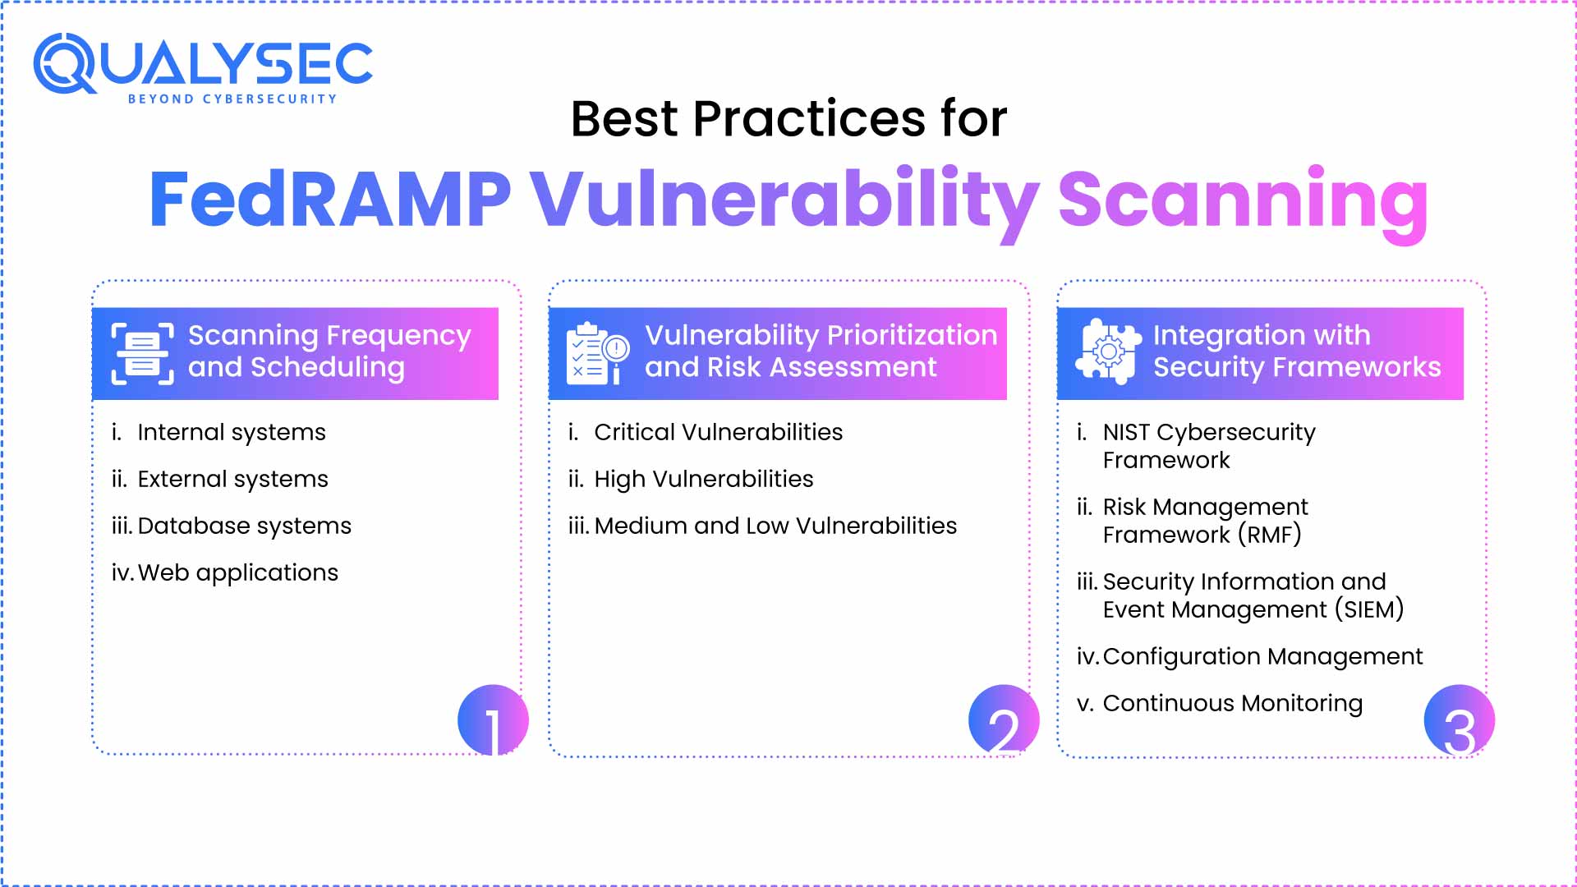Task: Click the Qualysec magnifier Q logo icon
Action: tap(65, 63)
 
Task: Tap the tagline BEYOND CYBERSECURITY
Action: tap(232, 99)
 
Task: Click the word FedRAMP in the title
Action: tap(329, 200)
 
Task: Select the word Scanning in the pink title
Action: tap(1243, 200)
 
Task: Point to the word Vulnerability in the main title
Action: tap(784, 200)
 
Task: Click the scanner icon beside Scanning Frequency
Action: tap(143, 354)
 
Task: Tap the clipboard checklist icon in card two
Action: tap(597, 354)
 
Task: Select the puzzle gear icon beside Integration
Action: tap(1108, 352)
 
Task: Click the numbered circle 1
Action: tap(493, 720)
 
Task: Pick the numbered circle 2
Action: tap(1003, 720)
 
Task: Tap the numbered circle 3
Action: tap(1459, 720)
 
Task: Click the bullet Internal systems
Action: tap(231, 432)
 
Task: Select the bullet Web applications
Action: tap(237, 572)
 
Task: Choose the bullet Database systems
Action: tap(244, 526)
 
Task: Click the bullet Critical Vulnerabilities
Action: tap(718, 432)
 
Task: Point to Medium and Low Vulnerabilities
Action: tap(775, 526)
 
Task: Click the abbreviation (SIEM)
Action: tap(1368, 609)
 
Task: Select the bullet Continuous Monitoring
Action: tap(1232, 703)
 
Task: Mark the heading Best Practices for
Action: tap(788, 119)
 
